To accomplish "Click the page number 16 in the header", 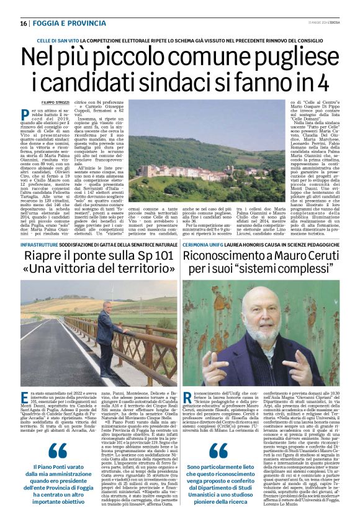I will [x=24, y=24].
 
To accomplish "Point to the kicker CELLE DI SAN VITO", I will [x=63, y=40].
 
